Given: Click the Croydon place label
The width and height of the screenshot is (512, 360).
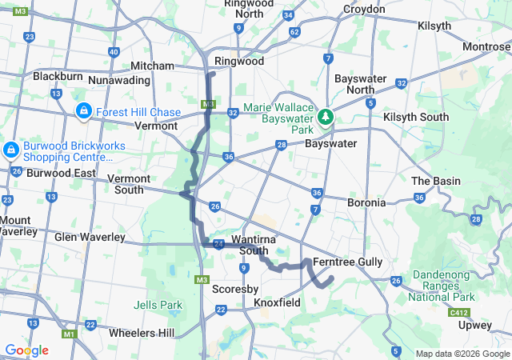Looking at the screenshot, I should pos(364,10).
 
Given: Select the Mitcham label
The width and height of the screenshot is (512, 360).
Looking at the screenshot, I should pos(152,66).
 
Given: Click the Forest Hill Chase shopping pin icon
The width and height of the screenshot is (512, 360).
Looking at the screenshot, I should pos(83,111).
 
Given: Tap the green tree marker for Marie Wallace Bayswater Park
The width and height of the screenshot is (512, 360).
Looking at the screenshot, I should pos(326,118).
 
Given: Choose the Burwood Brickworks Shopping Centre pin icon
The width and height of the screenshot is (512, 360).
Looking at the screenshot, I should pos(11,149).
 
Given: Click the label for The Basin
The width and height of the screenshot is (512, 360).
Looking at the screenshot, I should pos(435,181).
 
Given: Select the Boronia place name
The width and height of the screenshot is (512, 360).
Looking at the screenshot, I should pos(366,203).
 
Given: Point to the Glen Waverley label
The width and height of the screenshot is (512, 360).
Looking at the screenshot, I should pos(90,237).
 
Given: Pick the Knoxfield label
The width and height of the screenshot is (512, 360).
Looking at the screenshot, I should pos(277,303).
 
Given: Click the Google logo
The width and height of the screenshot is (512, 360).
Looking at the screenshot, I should pos(26,350).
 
